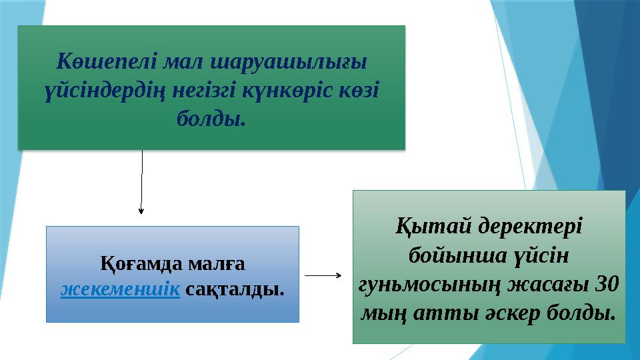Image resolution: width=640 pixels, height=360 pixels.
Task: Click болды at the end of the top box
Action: coord(210,119)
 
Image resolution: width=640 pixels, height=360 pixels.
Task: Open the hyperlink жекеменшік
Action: coord(121,290)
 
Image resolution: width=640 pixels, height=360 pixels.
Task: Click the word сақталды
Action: coord(234,290)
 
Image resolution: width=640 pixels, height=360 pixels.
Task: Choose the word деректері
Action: coord(529,226)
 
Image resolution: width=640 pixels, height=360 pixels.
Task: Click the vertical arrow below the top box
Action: coord(141,180)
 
